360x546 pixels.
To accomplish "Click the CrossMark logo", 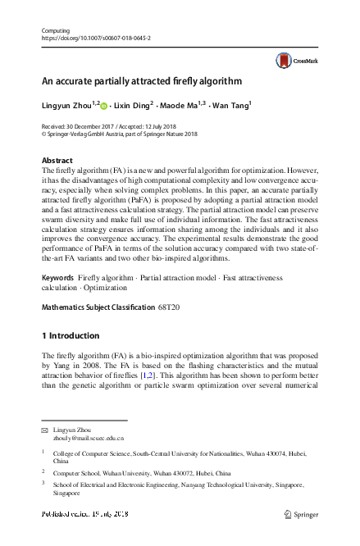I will [295, 59].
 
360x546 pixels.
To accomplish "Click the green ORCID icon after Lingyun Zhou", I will [104, 106].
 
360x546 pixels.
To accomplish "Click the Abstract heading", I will [57, 161].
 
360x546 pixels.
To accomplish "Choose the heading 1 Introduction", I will [71, 335].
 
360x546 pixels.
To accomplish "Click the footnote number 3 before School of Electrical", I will [43, 484].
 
